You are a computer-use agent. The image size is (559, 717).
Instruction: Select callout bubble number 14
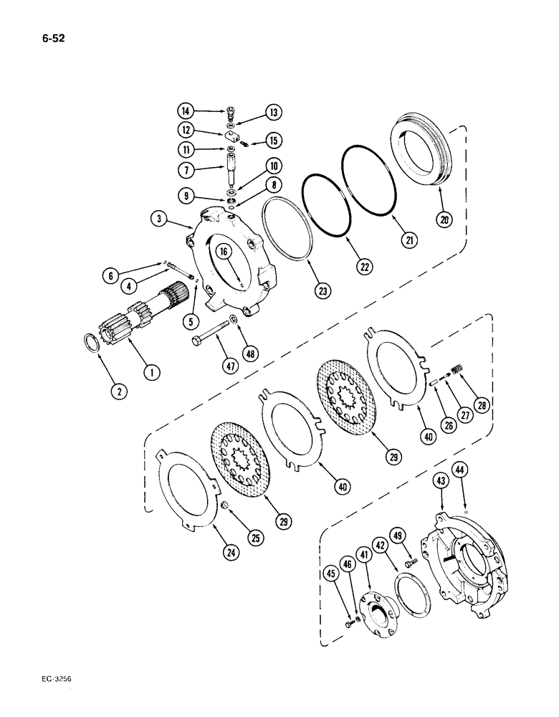[x=186, y=110]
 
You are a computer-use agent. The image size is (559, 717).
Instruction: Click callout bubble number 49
[x=400, y=534]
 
